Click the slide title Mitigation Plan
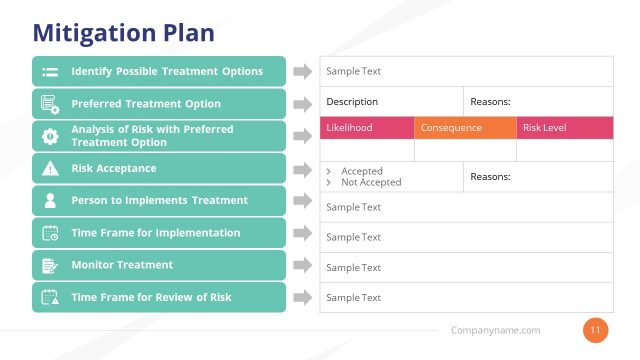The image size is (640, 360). click(123, 33)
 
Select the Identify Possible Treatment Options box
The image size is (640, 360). click(159, 72)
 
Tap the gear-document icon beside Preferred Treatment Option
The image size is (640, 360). click(50, 104)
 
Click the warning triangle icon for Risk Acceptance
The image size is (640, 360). click(50, 168)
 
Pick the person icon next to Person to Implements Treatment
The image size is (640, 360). click(50, 200)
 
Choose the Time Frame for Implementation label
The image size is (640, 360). click(155, 233)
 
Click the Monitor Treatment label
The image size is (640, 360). click(122, 265)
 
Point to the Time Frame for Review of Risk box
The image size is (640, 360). click(159, 297)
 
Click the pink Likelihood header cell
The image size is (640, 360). click(366, 128)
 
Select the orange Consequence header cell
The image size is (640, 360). click(464, 128)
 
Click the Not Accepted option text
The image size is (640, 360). click(371, 182)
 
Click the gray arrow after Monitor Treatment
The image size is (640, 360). click(302, 265)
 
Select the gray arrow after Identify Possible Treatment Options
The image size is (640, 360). click(302, 72)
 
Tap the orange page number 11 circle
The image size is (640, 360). click(595, 330)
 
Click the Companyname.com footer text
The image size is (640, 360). click(495, 330)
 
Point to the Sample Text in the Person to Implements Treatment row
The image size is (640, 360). click(354, 207)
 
